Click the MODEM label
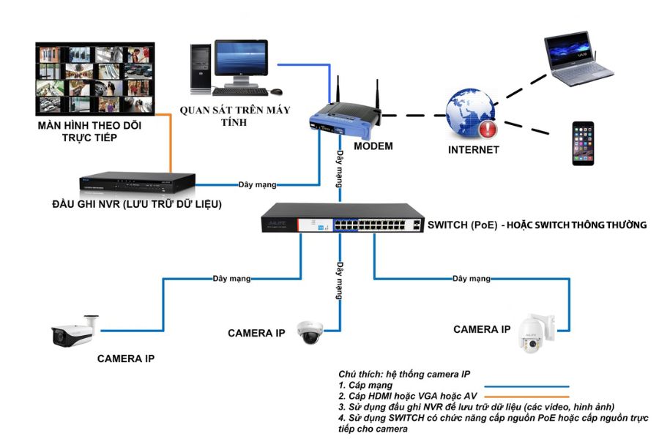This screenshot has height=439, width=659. click(x=373, y=146)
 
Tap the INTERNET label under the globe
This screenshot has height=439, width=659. click(x=473, y=150)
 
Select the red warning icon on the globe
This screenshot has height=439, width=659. click(x=487, y=129)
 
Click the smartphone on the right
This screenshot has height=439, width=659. click(x=583, y=143)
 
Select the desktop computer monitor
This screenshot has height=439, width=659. click(x=241, y=61)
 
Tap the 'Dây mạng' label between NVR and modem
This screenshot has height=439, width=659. click(x=256, y=184)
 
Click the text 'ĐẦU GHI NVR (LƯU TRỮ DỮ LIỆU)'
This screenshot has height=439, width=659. click(x=136, y=203)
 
